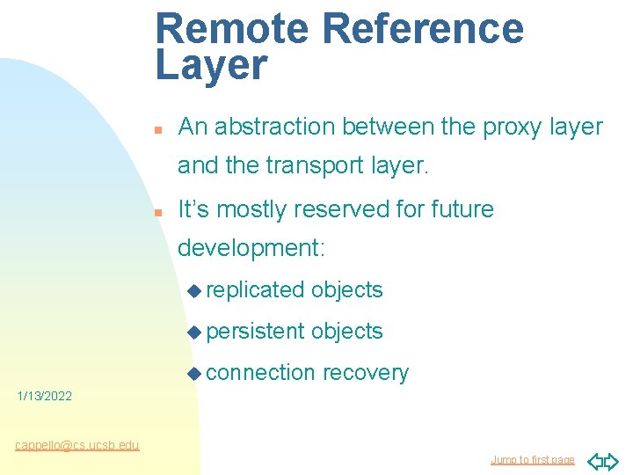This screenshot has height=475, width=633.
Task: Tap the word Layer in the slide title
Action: [x=211, y=66]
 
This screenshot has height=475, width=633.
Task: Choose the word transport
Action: [x=293, y=165]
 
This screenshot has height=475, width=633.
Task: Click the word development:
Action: [x=251, y=248]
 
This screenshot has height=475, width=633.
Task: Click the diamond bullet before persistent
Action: [x=195, y=332]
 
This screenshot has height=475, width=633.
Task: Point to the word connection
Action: [x=261, y=373]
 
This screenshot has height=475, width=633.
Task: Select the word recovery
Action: [x=365, y=373]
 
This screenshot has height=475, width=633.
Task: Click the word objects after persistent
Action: [x=347, y=332]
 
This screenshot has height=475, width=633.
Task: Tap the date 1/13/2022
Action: [x=45, y=397]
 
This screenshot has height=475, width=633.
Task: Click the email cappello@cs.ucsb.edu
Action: [x=76, y=445]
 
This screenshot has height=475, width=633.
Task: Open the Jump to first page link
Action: [x=532, y=460]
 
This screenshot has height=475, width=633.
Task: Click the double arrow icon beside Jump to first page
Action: [x=602, y=460]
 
